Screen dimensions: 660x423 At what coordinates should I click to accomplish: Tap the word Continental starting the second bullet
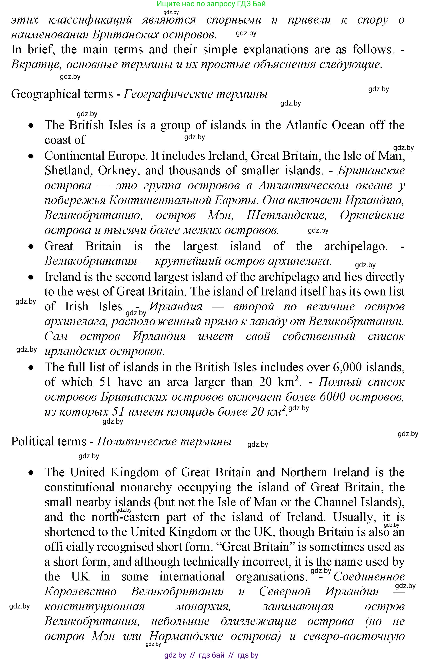[x=74, y=156]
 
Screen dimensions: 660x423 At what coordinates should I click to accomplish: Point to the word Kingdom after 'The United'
[x=135, y=473]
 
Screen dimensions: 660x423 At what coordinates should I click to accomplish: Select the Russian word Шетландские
[x=287, y=215]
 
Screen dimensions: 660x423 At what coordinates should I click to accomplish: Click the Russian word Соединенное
[x=369, y=576]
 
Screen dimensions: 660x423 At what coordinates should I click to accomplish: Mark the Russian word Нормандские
[x=186, y=636]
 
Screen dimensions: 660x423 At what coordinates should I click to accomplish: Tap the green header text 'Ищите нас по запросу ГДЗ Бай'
[x=211, y=4]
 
